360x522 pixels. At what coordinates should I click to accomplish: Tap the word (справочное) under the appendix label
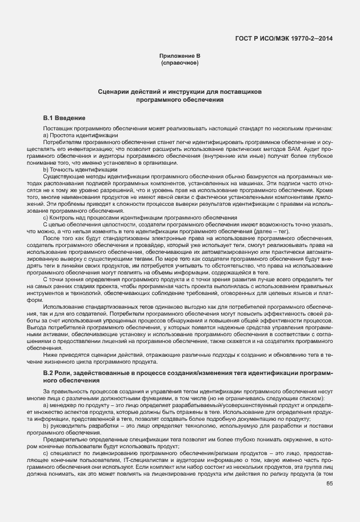179,63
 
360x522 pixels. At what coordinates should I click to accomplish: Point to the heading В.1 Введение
65,117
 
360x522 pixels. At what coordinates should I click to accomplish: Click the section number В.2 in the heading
49,372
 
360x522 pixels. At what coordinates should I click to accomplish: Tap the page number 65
329,483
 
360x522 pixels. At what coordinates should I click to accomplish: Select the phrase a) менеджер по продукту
78,404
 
